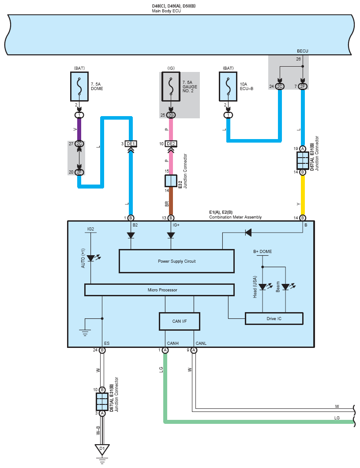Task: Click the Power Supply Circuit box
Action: tap(176, 261)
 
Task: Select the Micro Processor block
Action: tap(159, 290)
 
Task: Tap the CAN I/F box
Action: tap(179, 321)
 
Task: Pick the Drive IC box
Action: tap(274, 318)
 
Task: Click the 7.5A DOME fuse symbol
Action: tap(79, 87)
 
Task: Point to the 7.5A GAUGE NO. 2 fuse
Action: tap(171, 87)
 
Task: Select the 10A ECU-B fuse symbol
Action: tap(228, 87)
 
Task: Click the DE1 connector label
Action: tap(131, 144)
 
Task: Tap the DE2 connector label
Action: tap(171, 144)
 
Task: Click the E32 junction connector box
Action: tap(171, 181)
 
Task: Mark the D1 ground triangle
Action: tap(102, 449)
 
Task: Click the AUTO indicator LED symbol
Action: tap(91, 258)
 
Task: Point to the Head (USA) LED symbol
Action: tap(262, 287)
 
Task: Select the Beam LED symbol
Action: tap(285, 287)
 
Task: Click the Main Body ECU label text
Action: tap(166, 11)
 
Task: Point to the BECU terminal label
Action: tap(303, 51)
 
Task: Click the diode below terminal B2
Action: tap(131, 235)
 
